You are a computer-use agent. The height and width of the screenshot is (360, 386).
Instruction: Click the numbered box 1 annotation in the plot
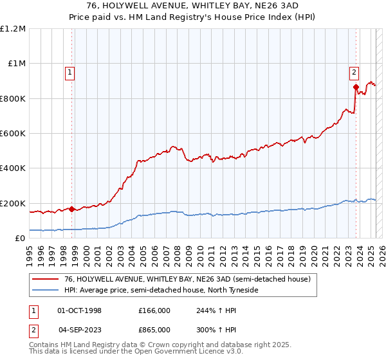coord(69,73)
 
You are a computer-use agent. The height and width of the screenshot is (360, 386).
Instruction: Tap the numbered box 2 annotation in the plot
coord(354,72)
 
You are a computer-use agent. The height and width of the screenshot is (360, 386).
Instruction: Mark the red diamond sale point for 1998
coord(71,209)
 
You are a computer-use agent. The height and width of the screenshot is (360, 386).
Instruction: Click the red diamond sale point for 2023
coord(356,87)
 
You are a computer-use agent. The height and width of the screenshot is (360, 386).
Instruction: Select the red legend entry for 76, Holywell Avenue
coord(179,278)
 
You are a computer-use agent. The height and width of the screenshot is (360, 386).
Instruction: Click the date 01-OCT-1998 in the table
coord(79,310)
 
